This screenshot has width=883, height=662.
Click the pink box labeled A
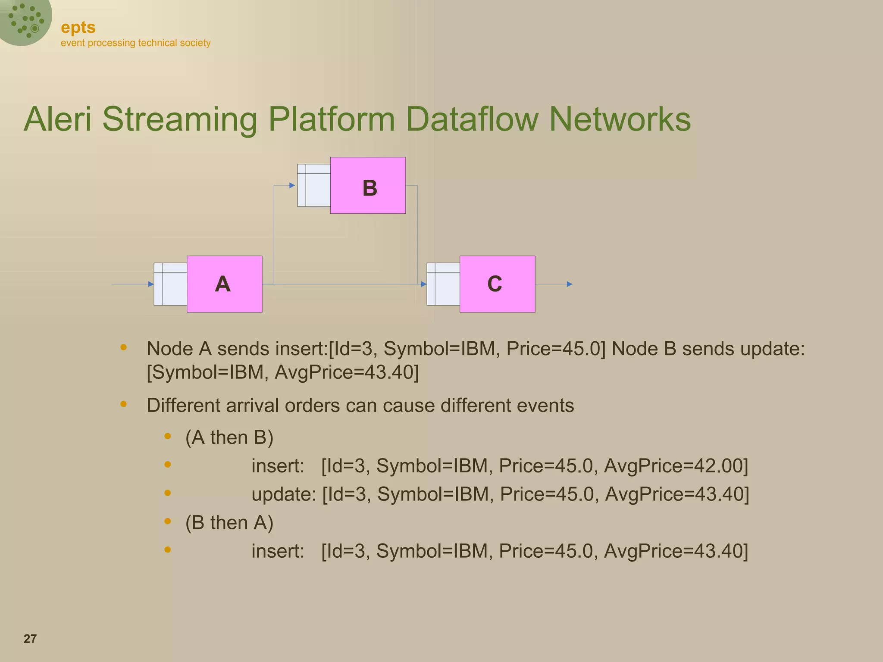(x=224, y=284)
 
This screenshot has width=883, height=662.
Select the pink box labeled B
(x=368, y=185)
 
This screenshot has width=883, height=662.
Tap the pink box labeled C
(x=497, y=284)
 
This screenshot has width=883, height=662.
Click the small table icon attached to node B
(x=314, y=185)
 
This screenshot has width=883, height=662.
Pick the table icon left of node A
(x=170, y=284)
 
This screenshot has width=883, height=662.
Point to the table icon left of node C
(x=443, y=284)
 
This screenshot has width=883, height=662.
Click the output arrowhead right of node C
(x=570, y=284)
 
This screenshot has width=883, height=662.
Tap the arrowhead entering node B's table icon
(x=292, y=185)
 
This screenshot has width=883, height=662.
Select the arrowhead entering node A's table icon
(x=151, y=284)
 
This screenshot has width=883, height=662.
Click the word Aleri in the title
(x=58, y=119)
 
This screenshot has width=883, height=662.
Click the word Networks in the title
(x=620, y=119)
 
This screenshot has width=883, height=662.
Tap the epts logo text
(x=78, y=28)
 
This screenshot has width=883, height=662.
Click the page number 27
(x=30, y=639)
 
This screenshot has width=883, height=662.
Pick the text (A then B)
(x=229, y=437)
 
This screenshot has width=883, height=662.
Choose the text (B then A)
(x=229, y=523)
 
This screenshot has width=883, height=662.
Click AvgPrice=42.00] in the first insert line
(x=676, y=466)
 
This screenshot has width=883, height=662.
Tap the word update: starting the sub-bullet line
(x=284, y=494)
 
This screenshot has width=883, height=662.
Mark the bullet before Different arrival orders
(x=124, y=404)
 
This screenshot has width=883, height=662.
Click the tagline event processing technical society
(x=135, y=43)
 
